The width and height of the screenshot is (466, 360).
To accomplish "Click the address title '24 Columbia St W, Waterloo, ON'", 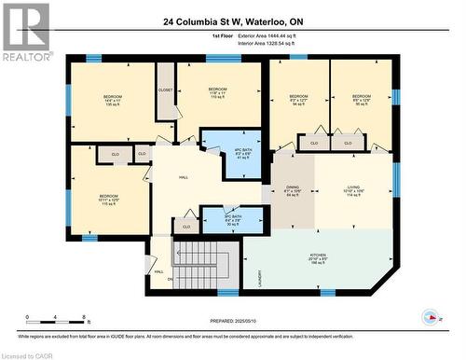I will point(232,21).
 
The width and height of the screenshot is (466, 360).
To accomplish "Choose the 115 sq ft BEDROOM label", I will point(110,200).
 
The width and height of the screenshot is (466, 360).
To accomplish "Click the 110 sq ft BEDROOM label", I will point(217,95).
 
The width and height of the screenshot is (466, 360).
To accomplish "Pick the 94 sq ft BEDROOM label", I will point(298,101).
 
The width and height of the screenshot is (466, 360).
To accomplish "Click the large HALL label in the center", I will point(185,175).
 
